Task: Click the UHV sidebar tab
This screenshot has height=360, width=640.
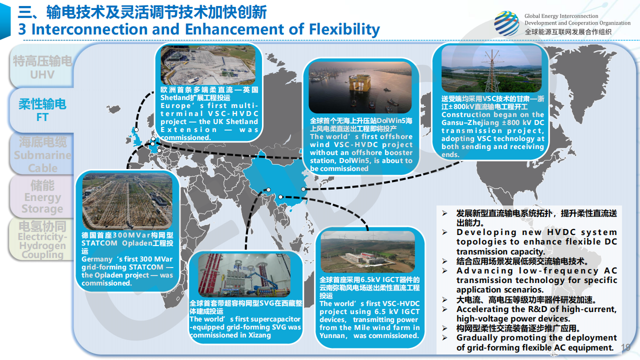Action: coord(42,66)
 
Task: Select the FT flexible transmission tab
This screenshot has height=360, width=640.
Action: coord(42,110)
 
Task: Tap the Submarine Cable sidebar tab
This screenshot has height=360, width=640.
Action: coord(42,154)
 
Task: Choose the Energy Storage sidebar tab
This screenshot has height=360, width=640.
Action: coord(42,196)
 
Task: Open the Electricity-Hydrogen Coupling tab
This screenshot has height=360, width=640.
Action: coord(42,239)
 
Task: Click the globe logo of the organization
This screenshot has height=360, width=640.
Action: coord(506,23)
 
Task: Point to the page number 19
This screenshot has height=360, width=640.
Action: coord(625,347)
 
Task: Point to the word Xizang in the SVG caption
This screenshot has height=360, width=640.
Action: coord(259,335)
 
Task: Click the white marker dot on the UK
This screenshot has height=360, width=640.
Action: coord(136,129)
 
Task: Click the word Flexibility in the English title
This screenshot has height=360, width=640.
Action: coord(344,29)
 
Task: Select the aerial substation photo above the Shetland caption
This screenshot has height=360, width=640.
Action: coord(208,65)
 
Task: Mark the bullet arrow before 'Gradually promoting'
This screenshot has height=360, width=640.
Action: coord(444,337)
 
